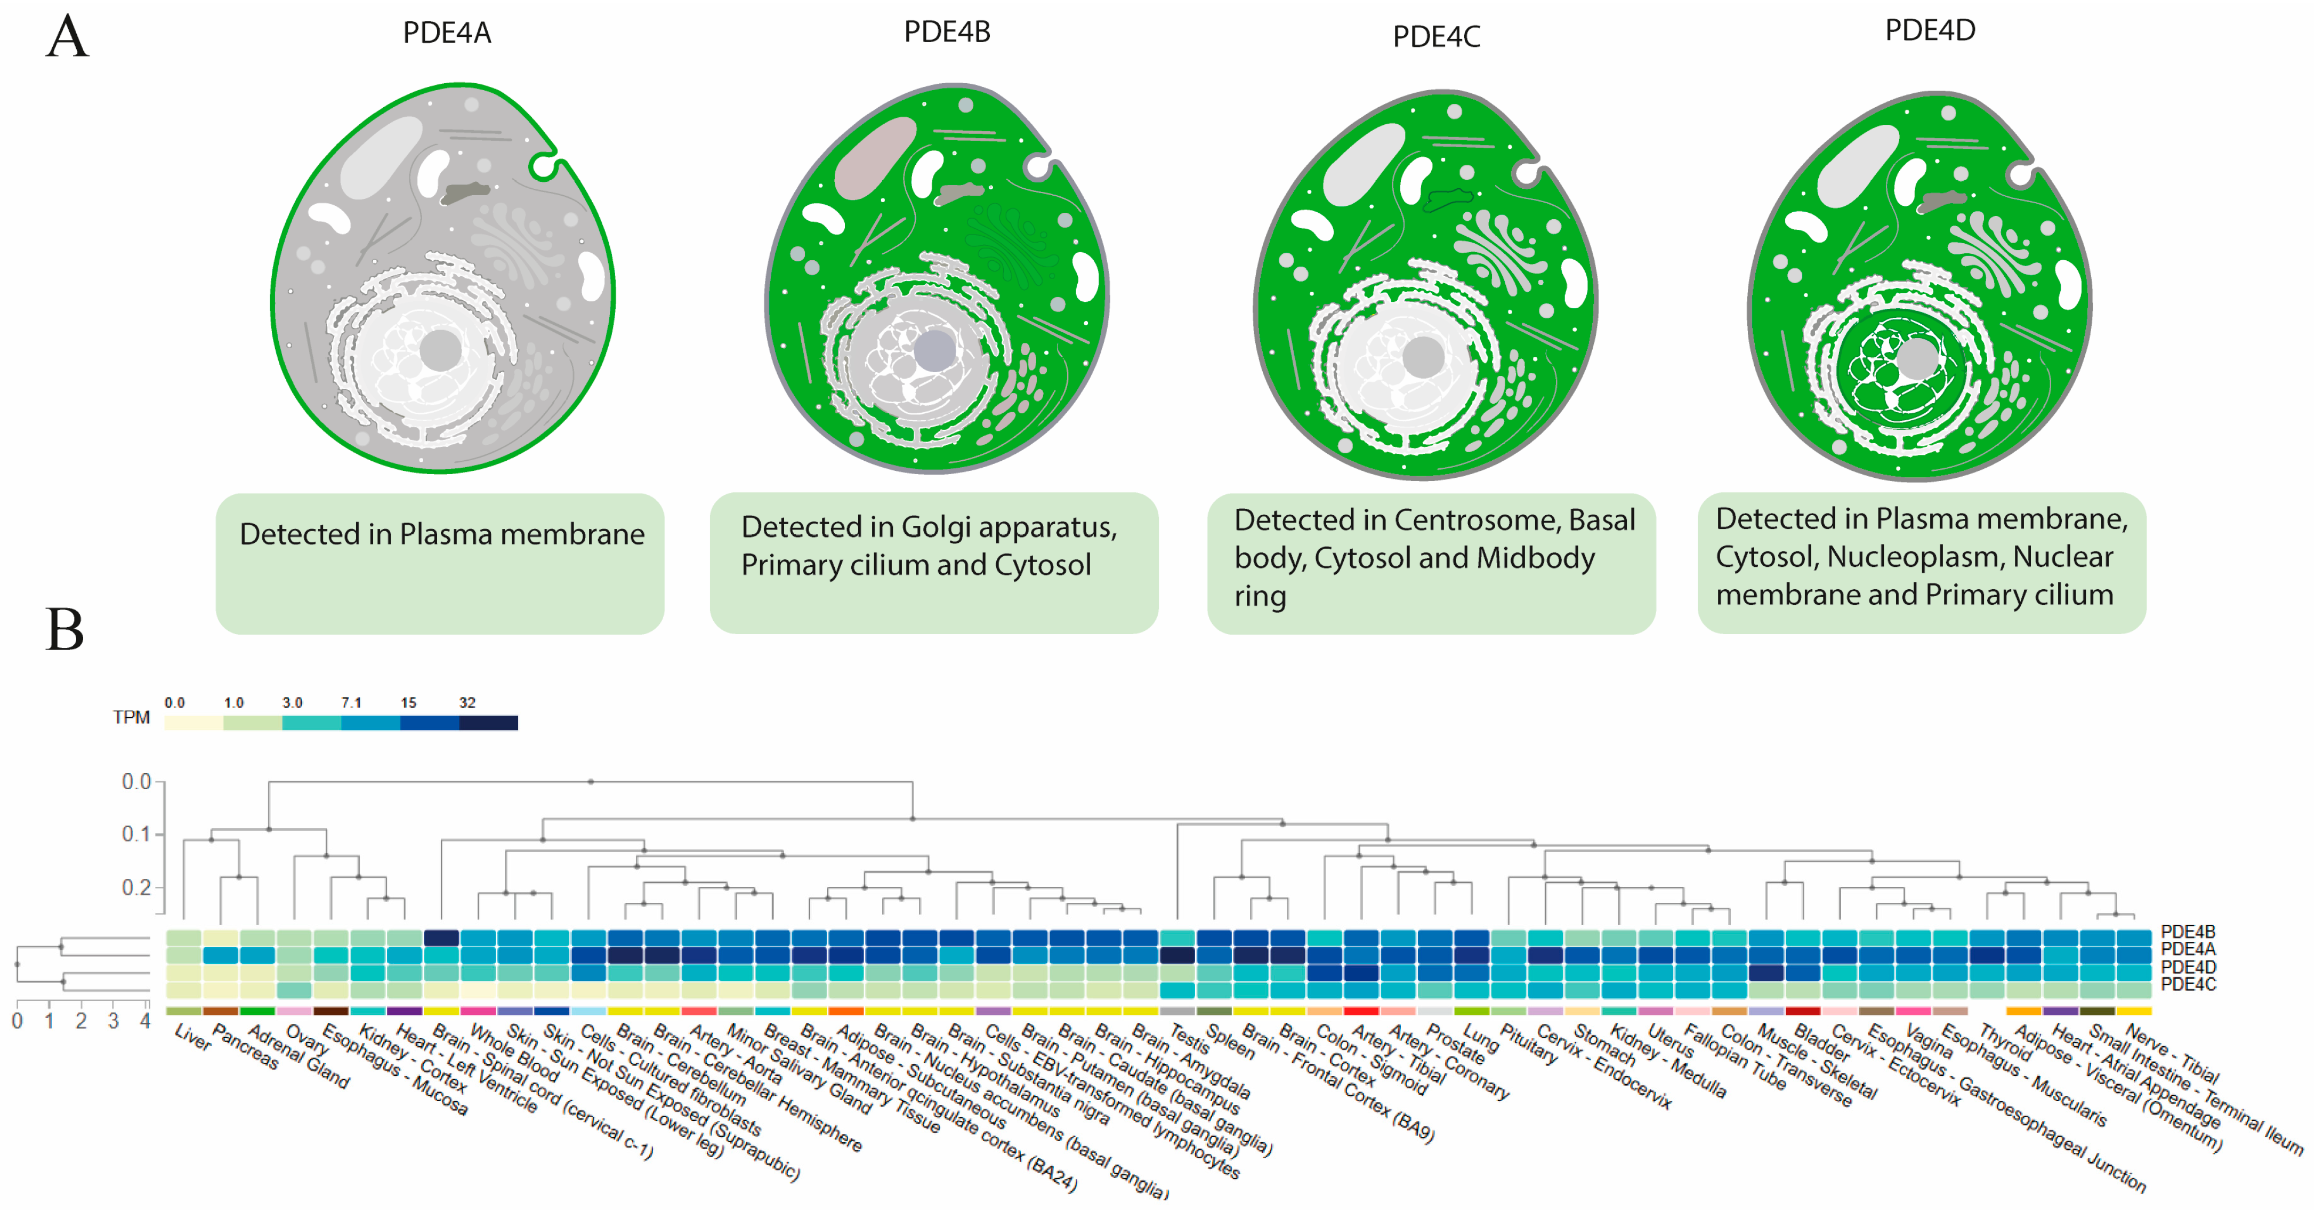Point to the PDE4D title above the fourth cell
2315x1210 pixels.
click(1930, 30)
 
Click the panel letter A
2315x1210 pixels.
click(67, 38)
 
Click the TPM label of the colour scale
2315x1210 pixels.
click(131, 717)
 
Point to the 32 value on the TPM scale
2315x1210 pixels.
click(467, 703)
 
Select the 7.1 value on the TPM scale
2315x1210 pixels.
click(351, 703)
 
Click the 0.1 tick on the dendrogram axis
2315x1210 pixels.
click(136, 834)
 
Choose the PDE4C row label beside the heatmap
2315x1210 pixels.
click(2188, 984)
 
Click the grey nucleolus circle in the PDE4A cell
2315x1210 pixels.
click(440, 350)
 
